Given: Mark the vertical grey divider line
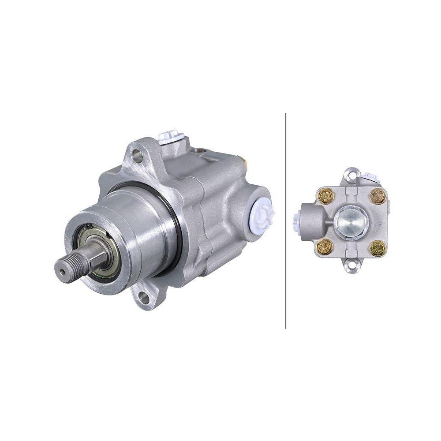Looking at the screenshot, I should [286, 220].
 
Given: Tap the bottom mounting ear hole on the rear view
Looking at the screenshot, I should [352, 266].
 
